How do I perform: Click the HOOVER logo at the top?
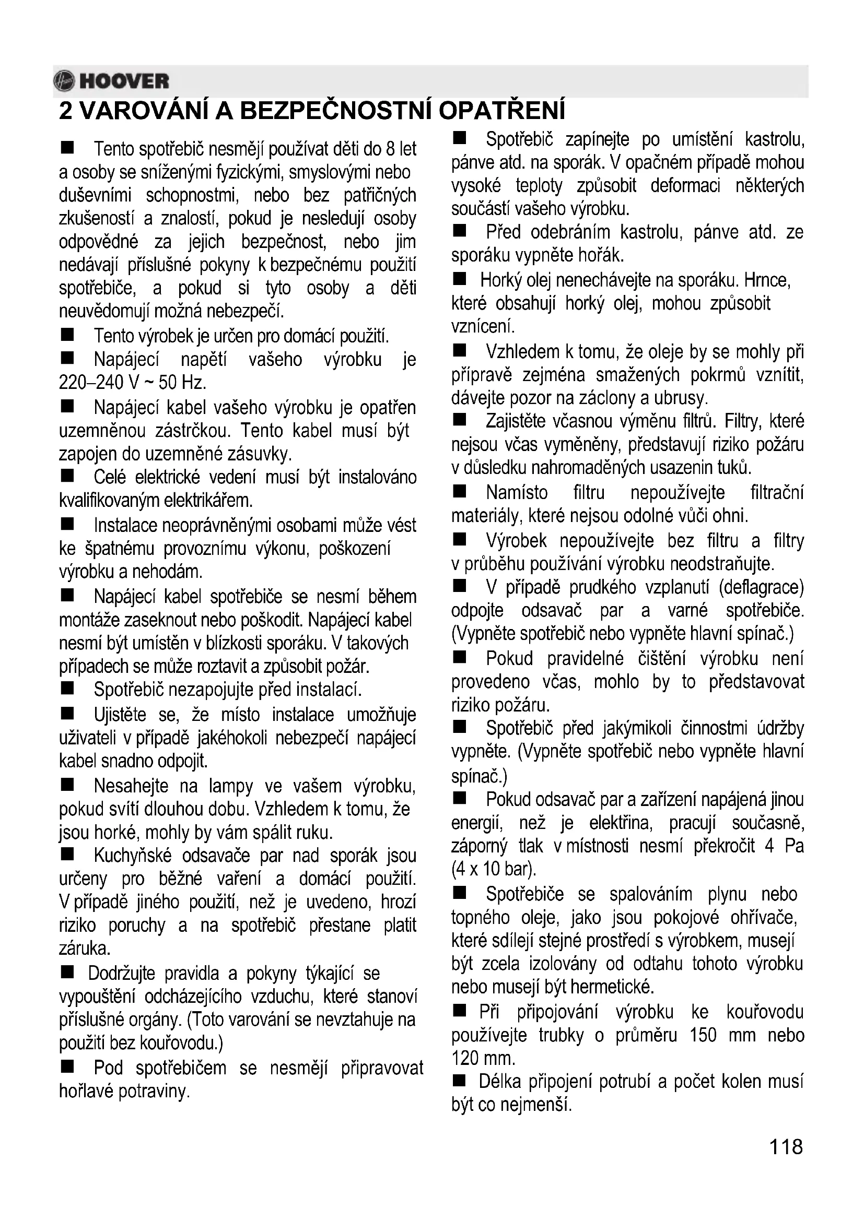pos(112,81)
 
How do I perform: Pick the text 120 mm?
pos(483,1058)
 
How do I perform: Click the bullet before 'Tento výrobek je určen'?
pos(67,335)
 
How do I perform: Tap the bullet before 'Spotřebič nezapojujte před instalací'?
pos(67,689)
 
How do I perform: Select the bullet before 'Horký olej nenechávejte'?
pos(460,279)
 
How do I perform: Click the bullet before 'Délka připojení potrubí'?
pos(460,1081)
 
